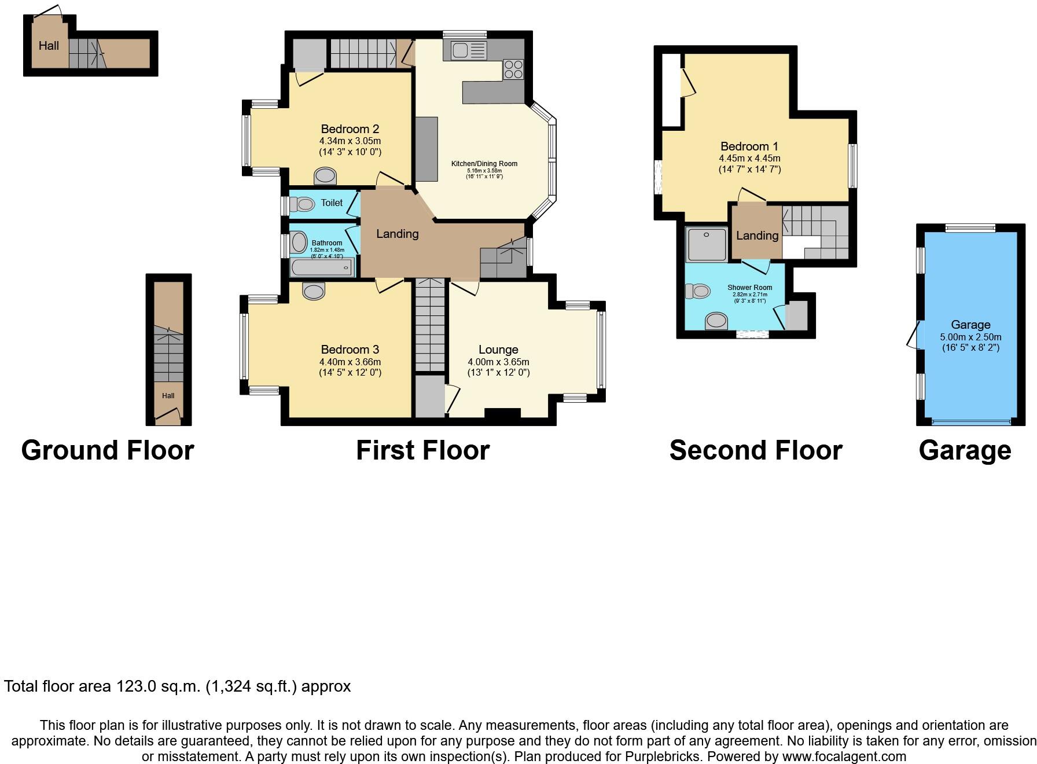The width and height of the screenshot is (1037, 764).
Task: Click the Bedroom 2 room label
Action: tap(350, 129)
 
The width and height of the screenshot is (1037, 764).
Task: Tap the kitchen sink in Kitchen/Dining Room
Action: tap(461, 51)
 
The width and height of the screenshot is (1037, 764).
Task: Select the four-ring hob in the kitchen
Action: tap(513, 69)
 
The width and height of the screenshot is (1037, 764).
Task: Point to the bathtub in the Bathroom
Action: tap(322, 268)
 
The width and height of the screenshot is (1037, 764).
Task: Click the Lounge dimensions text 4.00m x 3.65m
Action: tap(498, 362)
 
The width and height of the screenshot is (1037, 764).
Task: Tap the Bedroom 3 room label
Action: tap(350, 350)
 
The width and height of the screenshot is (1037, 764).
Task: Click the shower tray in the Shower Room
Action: tap(706, 244)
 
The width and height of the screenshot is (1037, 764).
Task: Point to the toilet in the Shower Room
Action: tap(697, 291)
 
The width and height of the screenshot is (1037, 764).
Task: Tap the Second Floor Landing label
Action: tap(757, 236)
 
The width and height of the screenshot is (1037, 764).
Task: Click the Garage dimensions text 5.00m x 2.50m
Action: tap(970, 337)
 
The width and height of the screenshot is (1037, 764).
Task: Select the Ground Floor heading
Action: tap(108, 450)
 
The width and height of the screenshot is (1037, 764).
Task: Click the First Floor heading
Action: tap(422, 450)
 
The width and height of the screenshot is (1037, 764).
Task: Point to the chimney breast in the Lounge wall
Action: tap(502, 413)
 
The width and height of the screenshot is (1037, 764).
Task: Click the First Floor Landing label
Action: tap(397, 234)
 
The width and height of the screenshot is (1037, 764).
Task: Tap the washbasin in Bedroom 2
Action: tap(325, 175)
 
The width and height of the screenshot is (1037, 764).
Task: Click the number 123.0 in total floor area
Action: tap(136, 686)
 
